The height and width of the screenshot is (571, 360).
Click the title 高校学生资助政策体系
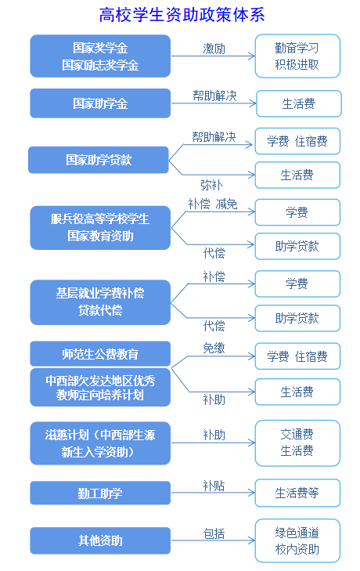pos(182,15)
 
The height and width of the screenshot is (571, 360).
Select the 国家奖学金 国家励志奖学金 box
pos(100,56)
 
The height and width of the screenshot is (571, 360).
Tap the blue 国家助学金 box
pos(100,103)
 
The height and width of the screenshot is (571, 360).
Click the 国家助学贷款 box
pos(99,160)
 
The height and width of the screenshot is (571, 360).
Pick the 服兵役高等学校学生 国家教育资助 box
pos(100,228)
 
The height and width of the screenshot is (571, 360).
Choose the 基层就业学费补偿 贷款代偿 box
pos(100,302)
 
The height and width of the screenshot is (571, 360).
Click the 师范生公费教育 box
pos(100,353)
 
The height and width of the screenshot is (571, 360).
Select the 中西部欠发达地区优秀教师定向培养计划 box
pos(100,388)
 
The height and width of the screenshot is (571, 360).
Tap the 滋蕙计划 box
pos(100,443)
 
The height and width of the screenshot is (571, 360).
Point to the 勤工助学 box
pos(100,493)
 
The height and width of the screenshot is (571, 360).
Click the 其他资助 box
pos(100,540)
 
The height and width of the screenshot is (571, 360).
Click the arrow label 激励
pos(214,49)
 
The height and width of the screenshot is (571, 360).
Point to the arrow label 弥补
pos(211,185)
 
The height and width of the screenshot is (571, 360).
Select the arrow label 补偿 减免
pos(213,204)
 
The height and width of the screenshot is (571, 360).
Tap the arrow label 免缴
pos(214,348)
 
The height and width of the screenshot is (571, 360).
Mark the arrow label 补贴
pos(214,486)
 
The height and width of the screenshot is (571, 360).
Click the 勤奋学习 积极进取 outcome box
pos(297,56)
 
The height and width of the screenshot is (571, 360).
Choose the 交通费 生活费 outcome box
pos(297,443)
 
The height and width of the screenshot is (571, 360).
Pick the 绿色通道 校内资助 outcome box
pos(297,540)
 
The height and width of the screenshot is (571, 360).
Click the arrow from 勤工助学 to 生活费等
pos(213,493)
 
